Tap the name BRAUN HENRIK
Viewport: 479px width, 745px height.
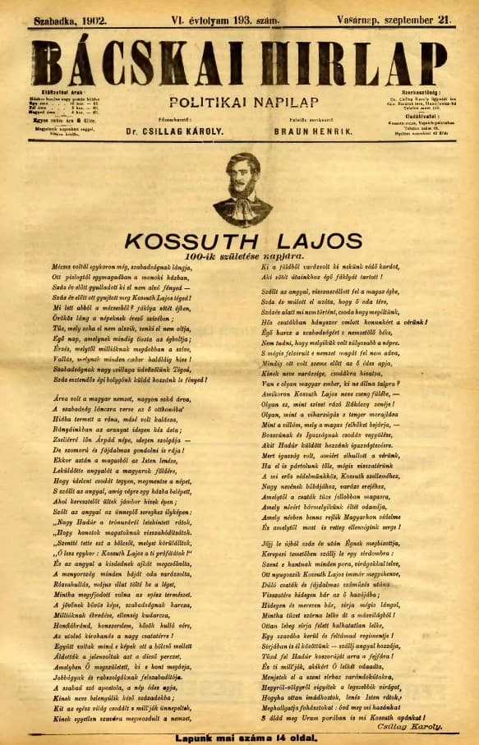[319, 131]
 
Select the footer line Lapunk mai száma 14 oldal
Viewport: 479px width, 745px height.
[238, 736]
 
